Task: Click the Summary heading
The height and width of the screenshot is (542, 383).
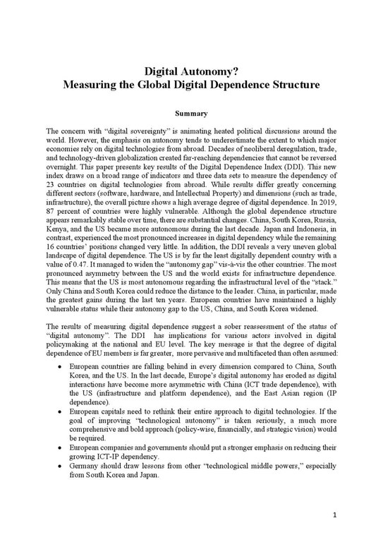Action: coord(191,113)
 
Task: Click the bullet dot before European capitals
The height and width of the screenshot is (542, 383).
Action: coord(63,408)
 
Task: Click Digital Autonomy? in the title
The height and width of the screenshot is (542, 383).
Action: coord(191,71)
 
